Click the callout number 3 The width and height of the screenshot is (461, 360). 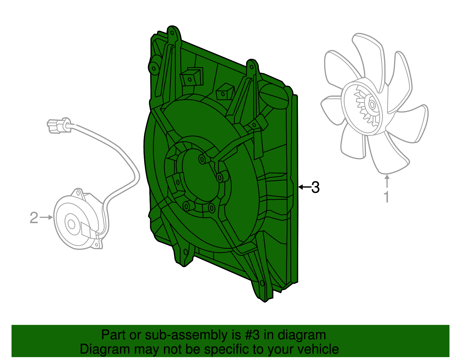click(x=315, y=187)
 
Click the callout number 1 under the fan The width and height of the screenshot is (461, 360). click(x=387, y=197)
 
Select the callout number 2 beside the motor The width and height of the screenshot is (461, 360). click(x=34, y=218)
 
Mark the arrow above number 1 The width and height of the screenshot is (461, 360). click(x=387, y=181)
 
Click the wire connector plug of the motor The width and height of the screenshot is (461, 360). click(x=58, y=126)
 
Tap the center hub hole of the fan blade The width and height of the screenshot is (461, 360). click(x=371, y=104)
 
